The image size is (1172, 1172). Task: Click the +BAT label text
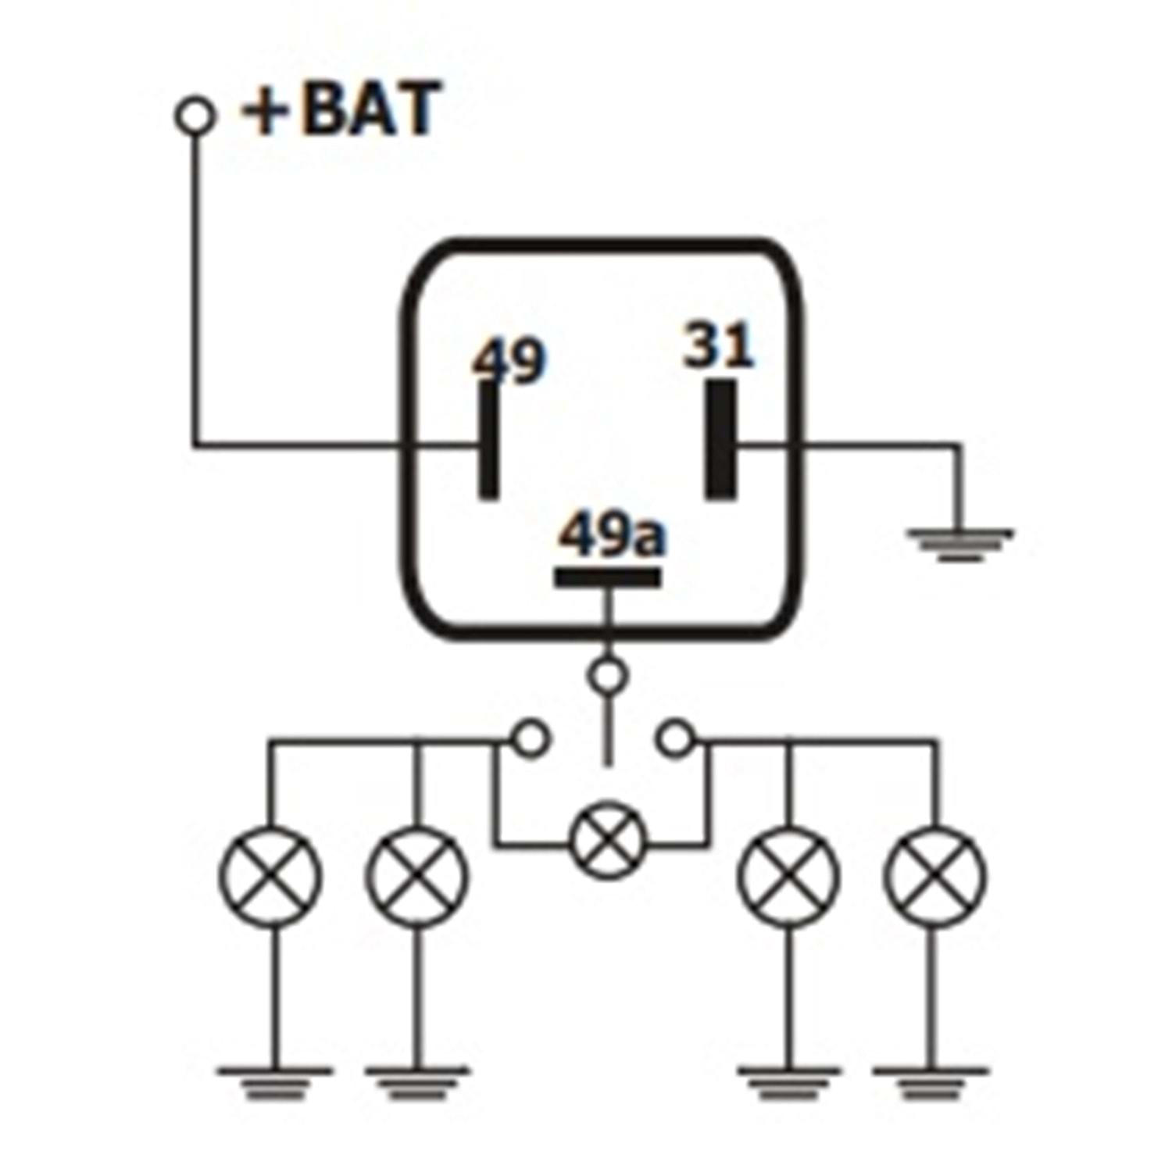tap(341, 110)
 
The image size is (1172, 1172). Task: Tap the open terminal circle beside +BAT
tap(195, 116)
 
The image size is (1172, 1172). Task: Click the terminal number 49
tap(509, 361)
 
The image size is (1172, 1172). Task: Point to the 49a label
tap(612, 536)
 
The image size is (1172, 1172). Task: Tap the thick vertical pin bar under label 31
tap(720, 439)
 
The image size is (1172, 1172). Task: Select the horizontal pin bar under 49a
tap(607, 577)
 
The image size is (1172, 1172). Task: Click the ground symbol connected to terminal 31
tap(959, 544)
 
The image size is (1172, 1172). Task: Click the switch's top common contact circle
tap(608, 675)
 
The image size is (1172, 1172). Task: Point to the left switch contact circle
tap(531, 738)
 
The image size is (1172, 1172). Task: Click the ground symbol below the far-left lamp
tap(273, 1081)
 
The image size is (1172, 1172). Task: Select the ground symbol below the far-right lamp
tap(931, 1081)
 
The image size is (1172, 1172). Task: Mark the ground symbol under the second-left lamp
tap(417, 1081)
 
